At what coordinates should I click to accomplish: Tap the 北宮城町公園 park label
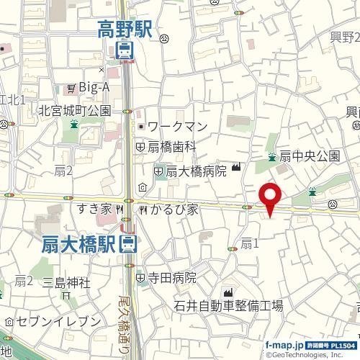(74, 111)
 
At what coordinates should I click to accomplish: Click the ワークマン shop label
(181, 127)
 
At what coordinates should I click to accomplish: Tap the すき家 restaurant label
(95, 210)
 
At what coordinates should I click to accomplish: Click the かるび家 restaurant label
(172, 210)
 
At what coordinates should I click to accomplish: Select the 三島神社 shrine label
(66, 282)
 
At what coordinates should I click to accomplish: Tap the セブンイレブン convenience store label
(58, 320)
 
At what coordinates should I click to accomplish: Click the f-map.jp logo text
(284, 345)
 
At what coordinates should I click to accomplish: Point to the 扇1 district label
(249, 243)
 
